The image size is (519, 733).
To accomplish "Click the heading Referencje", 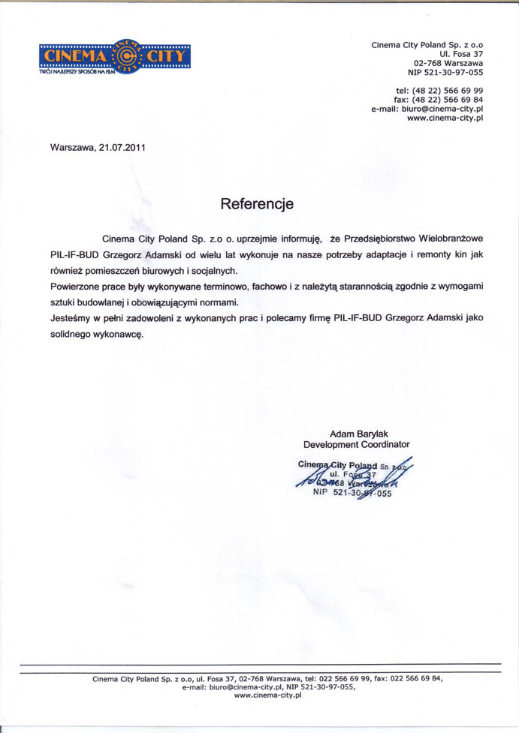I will pos(257,203).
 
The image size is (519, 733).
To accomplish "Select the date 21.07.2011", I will pos(121,147).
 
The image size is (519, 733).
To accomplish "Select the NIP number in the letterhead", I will pos(445,73).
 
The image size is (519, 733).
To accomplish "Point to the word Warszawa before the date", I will pos(71,147).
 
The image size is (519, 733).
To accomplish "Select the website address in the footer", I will pos(267,695).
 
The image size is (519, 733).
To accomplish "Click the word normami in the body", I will pos(219,302).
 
